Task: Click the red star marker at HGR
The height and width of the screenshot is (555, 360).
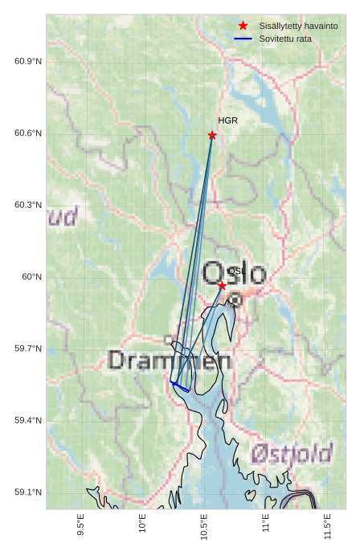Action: (212, 135)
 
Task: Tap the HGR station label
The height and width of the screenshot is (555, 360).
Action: (227, 120)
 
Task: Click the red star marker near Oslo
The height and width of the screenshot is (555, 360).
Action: (222, 285)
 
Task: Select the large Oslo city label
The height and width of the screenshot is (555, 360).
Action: (234, 273)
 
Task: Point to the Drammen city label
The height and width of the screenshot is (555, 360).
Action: (170, 361)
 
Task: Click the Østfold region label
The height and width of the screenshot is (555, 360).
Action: (291, 454)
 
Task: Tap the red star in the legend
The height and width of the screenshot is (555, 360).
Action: (243, 26)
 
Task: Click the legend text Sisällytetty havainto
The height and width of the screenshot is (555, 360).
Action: (298, 26)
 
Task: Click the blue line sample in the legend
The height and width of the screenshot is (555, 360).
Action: (243, 39)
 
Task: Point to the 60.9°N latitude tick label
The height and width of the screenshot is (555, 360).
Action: (28, 62)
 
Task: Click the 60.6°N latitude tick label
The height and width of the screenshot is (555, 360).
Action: (28, 133)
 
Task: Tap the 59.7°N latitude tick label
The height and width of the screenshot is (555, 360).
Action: (28, 349)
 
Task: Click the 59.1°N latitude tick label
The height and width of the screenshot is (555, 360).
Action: (28, 492)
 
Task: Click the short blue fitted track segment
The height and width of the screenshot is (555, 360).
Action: (181, 387)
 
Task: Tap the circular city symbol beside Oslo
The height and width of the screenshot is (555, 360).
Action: (235, 300)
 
